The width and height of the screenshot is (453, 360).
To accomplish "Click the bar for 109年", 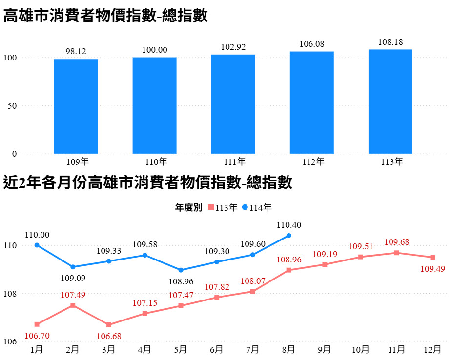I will tap(76, 106).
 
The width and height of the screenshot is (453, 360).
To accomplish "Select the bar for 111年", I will tap(233, 104).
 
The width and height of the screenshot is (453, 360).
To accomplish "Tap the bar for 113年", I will tap(390, 101).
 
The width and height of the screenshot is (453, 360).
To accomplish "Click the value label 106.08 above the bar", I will tap(312, 44).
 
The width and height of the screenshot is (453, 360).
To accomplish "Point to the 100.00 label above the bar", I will tap(155, 50).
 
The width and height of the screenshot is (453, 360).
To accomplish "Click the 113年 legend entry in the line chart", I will tap(223, 208).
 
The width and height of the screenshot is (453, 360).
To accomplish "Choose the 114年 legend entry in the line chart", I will tap(257, 208).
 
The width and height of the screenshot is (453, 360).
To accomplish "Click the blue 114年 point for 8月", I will tap(288, 235).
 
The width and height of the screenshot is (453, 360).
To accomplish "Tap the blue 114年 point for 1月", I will tap(37, 245).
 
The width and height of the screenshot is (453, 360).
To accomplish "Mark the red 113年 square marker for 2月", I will tap(73, 305).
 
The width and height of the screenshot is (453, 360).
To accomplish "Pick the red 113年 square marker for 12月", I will tap(432, 257).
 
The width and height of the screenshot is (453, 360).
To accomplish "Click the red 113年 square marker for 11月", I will tap(397, 253).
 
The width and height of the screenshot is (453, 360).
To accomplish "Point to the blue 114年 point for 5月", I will tap(181, 270).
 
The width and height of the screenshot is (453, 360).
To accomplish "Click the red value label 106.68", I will tap(109, 336).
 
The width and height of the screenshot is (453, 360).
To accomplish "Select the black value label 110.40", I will tap(289, 225).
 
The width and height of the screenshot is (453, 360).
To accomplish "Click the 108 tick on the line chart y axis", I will tap(11, 294).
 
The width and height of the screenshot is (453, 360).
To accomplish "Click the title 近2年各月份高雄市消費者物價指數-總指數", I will tap(148, 183).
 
